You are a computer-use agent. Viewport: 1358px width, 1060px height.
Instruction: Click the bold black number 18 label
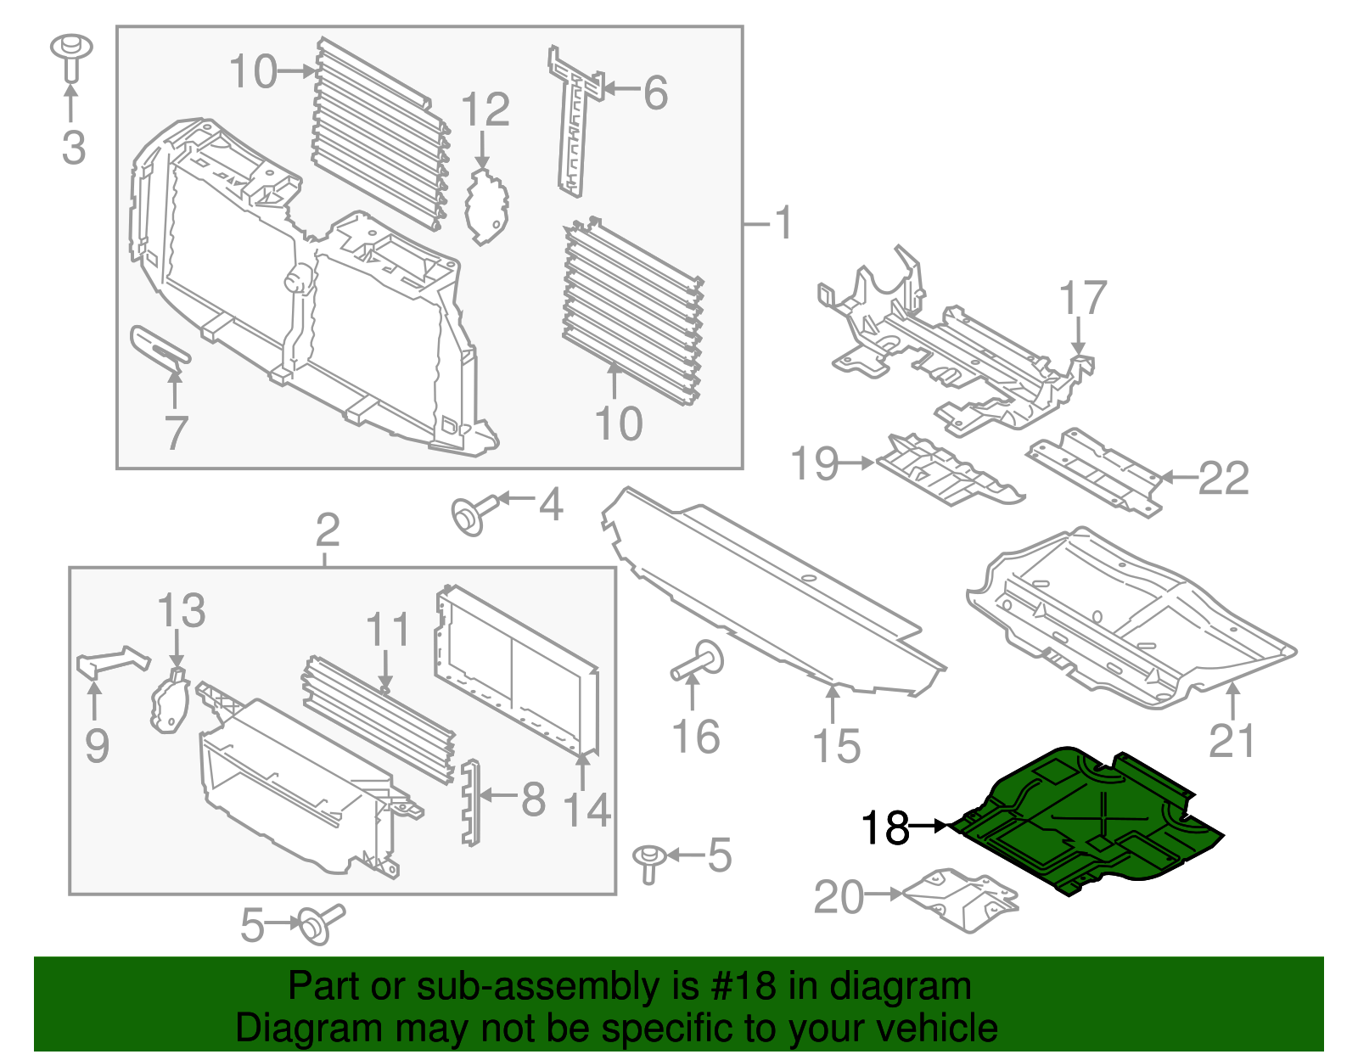(885, 827)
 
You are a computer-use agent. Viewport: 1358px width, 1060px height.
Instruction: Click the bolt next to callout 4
(469, 514)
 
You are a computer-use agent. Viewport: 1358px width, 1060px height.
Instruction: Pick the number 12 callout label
(485, 110)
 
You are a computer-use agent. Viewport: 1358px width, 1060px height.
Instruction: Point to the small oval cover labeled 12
(485, 206)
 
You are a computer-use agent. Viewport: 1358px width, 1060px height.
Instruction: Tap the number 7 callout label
(176, 432)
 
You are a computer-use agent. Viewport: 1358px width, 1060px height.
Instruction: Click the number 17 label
(1083, 299)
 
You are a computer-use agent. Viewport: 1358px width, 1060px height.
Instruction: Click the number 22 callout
(1223, 479)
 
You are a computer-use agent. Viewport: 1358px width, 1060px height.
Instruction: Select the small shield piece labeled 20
(960, 900)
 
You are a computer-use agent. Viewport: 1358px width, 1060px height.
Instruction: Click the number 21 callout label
(1231, 741)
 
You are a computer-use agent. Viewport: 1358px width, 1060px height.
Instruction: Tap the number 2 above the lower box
(328, 530)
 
